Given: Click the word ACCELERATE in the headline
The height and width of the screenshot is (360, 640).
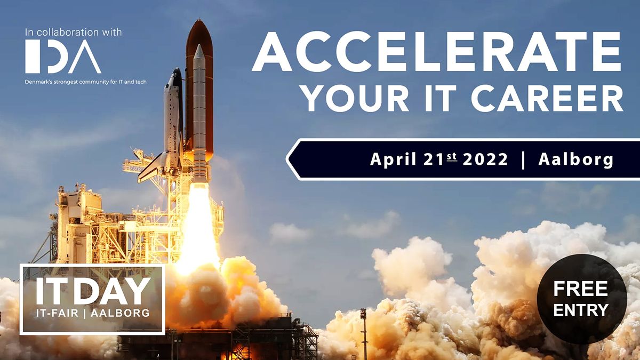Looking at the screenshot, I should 436,52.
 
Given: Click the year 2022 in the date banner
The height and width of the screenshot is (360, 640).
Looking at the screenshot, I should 485,159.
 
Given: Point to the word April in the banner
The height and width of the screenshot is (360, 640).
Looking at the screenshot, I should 392,159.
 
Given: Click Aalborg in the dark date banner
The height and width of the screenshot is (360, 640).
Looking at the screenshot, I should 575,159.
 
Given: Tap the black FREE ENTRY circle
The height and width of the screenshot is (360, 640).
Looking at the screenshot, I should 581,299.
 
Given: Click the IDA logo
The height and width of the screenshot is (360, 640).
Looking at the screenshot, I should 63,57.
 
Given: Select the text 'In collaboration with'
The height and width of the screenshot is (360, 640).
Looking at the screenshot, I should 74,33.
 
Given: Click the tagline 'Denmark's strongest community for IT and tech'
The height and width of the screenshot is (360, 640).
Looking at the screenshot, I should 86,82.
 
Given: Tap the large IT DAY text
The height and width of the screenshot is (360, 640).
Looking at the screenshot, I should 92,291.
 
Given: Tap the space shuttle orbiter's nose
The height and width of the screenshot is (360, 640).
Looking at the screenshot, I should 174,75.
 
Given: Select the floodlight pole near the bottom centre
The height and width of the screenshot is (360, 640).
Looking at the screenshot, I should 364,331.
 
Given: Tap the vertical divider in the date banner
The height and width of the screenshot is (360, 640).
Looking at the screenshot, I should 523,159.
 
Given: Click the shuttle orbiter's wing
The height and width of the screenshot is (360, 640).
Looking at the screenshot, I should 152,168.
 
